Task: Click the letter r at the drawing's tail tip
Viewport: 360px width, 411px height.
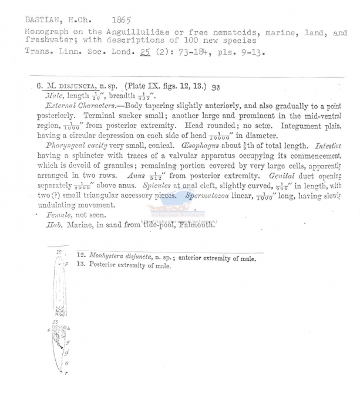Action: pyautogui.click(x=65, y=372)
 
